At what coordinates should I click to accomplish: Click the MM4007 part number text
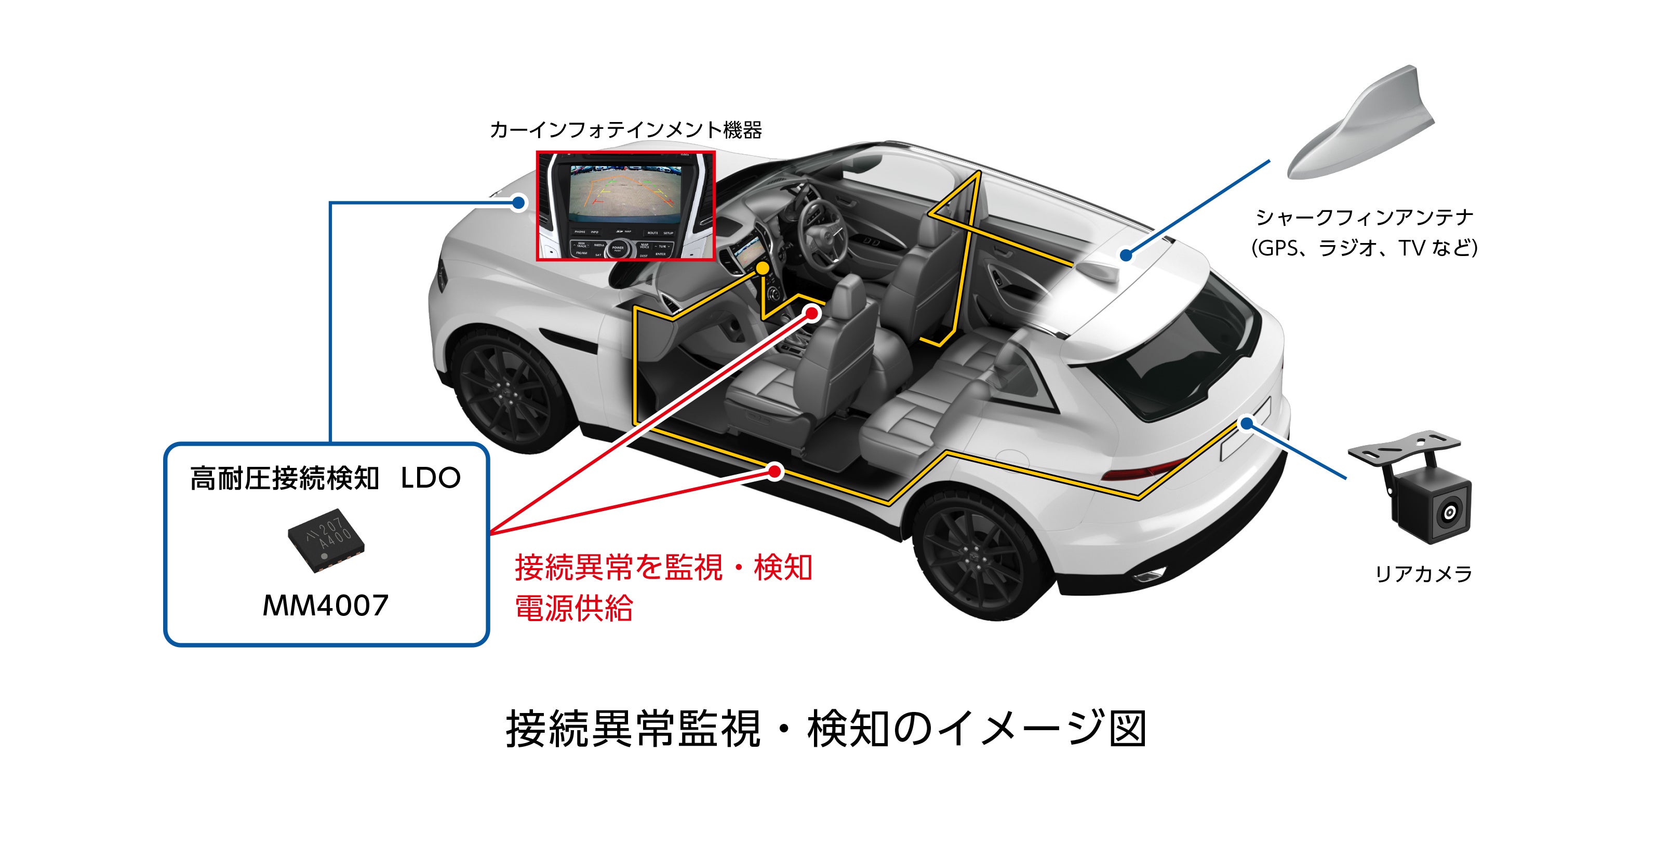325,606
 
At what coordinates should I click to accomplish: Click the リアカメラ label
1423,573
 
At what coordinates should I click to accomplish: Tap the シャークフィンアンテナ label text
1364,217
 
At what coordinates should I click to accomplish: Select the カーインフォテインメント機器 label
625,130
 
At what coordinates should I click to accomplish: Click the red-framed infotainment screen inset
625,206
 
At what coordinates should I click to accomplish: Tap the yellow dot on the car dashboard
762,268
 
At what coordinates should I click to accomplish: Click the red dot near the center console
812,314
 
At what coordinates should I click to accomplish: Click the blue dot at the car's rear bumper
1247,424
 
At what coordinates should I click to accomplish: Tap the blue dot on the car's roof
1126,255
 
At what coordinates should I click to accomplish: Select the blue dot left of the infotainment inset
518,204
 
